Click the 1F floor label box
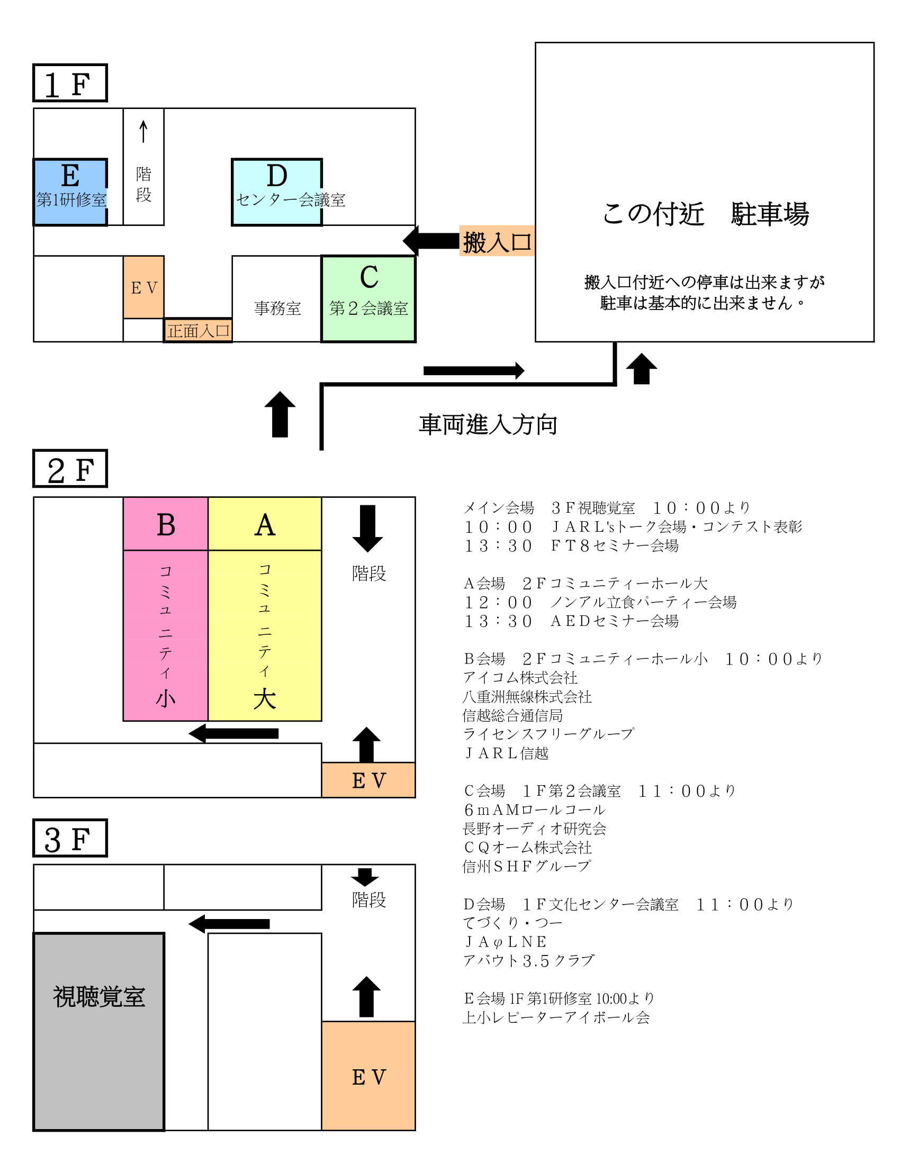pyautogui.click(x=70, y=83)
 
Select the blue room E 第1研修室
pyautogui.click(x=70, y=192)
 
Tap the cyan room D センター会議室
pyautogui.click(x=276, y=192)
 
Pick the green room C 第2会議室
pyautogui.click(x=368, y=298)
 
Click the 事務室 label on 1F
pyautogui.click(x=277, y=308)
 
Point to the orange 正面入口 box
pyautogui.click(x=198, y=331)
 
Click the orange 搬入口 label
pyautogui.click(x=497, y=241)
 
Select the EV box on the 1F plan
pyautogui.click(x=143, y=287)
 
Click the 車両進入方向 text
pyautogui.click(x=488, y=424)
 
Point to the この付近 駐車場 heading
pyautogui.click(x=705, y=214)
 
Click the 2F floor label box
pyautogui.click(x=70, y=468)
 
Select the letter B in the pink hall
pyautogui.click(x=166, y=525)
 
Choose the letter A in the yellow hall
pyautogui.click(x=265, y=525)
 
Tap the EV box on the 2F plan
pyautogui.click(x=368, y=780)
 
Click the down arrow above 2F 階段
pyautogui.click(x=367, y=528)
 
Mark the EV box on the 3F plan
pyautogui.click(x=368, y=1077)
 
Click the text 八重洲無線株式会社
pyautogui.click(x=527, y=697)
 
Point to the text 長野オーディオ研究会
pyautogui.click(x=534, y=828)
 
